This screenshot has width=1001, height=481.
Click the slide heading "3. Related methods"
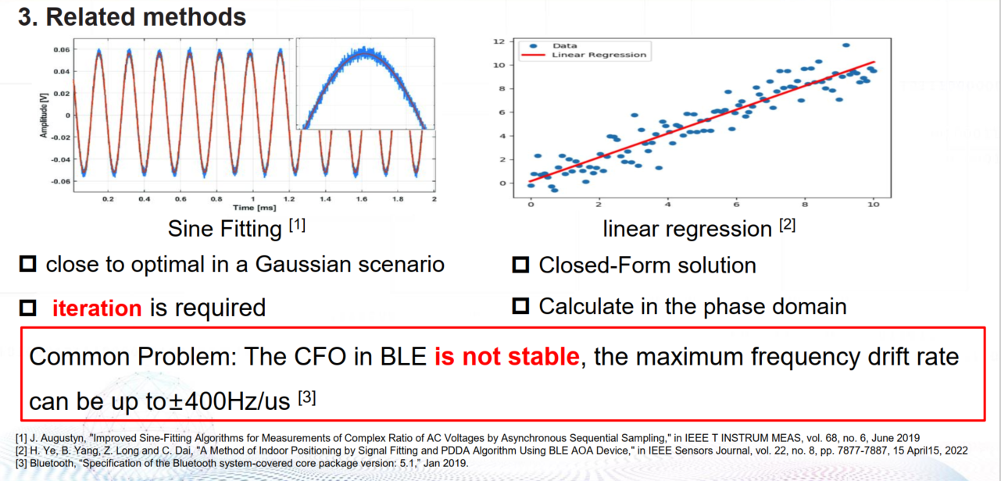tap(132, 16)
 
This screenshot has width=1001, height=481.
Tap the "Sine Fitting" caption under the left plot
tap(226, 229)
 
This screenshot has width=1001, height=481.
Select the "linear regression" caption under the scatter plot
tap(676, 229)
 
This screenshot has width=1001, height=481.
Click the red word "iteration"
tap(97, 308)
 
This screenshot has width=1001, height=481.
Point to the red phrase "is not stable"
tap(507, 358)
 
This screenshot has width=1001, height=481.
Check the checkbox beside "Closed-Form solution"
tap(520, 265)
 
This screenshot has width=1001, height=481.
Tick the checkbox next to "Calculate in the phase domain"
tap(520, 306)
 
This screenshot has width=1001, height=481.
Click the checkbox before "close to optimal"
tap(28, 265)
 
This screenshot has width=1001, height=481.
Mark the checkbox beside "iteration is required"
tap(28, 308)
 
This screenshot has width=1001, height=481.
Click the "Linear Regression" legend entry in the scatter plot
tap(599, 55)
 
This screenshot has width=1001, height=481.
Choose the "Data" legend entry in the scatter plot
tap(563, 46)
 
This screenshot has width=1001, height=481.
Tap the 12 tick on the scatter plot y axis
tap(507, 41)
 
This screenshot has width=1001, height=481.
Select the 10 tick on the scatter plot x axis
tap(873, 204)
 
